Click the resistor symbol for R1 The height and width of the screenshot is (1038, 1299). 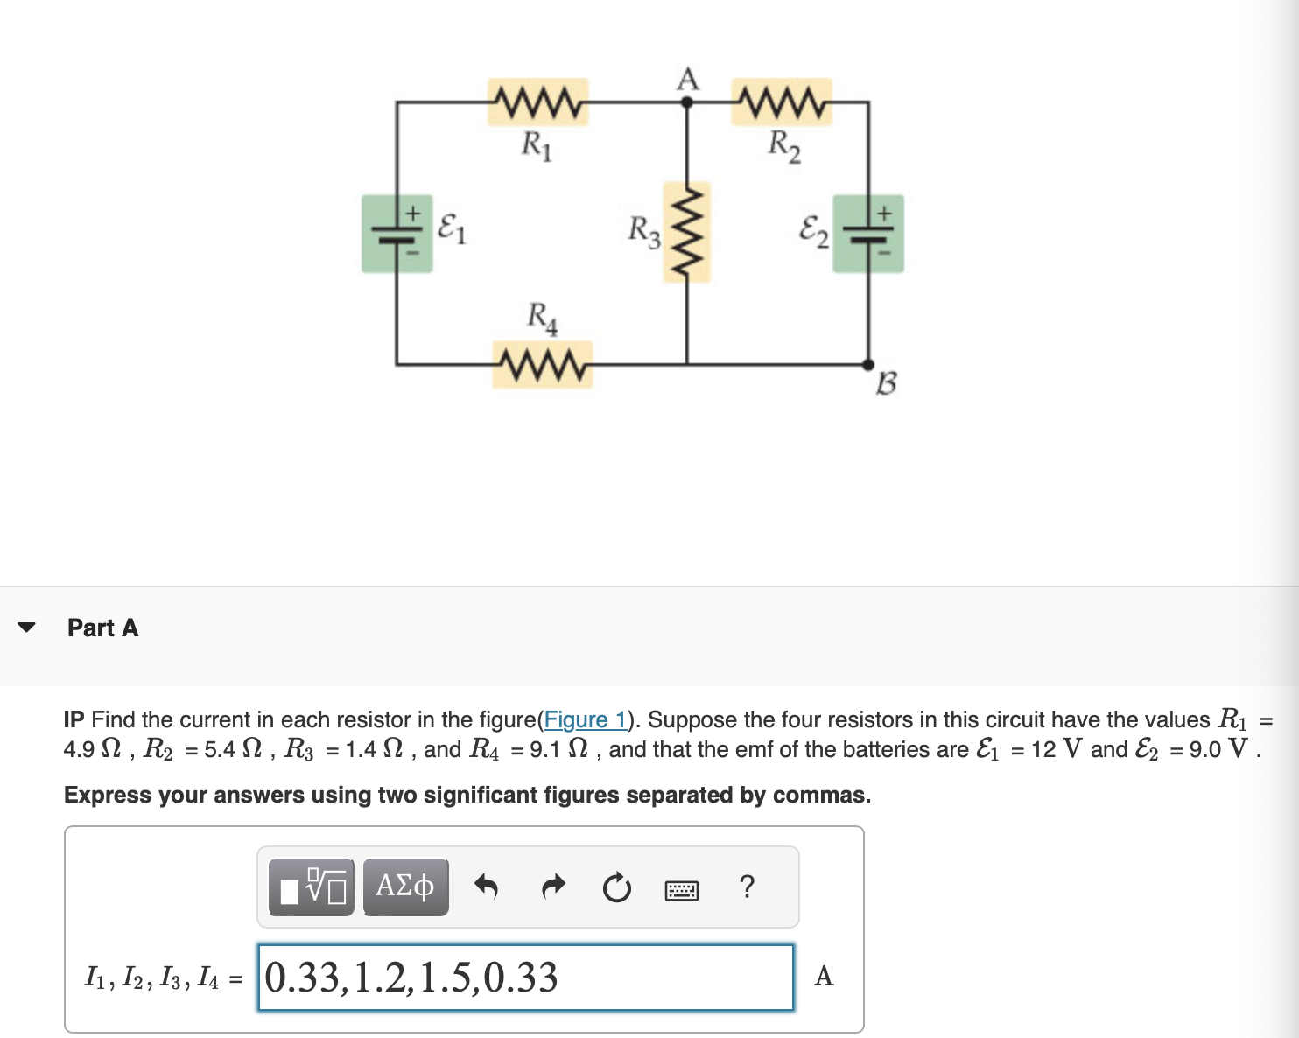[537, 102]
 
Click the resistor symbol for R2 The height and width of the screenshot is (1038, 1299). [782, 102]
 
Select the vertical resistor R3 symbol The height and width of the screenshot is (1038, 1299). [687, 232]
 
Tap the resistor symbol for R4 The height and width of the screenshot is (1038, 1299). [542, 364]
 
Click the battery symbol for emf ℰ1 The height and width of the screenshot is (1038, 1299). [397, 234]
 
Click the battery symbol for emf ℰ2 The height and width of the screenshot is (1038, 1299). [868, 234]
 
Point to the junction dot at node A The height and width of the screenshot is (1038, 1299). [687, 102]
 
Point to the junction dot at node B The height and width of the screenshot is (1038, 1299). [868, 364]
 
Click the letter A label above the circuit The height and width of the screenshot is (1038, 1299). [688, 79]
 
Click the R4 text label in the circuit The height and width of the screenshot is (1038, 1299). [542, 317]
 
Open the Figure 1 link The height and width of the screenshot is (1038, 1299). [585, 719]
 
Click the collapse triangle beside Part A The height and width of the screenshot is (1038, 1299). [27, 628]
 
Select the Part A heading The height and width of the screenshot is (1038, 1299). [102, 628]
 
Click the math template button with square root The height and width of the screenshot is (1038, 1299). [312, 887]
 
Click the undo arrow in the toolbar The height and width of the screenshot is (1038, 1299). [486, 887]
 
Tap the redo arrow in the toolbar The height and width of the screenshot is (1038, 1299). [553, 887]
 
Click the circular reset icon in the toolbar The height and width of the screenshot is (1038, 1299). [617, 887]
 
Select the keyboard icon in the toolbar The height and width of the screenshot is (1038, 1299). [682, 890]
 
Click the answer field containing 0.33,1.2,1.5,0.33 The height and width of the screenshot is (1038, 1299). [525, 978]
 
